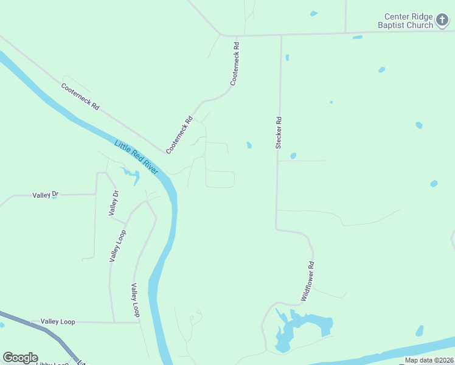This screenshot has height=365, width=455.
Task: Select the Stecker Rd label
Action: [x=279, y=133]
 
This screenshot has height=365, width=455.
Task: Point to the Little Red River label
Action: [x=136, y=157]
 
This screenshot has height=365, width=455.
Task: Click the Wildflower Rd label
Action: [x=307, y=282]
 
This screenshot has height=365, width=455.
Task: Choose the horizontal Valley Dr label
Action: [x=46, y=195]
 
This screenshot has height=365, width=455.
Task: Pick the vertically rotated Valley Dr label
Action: [x=114, y=203]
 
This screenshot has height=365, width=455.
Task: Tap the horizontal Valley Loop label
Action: [x=58, y=321]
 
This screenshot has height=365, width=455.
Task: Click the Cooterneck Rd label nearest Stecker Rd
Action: [x=235, y=63]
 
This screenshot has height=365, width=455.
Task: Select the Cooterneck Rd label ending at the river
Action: [x=179, y=134]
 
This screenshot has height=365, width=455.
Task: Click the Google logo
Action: [x=20, y=358]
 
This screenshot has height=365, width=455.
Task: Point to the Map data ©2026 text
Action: [x=429, y=360]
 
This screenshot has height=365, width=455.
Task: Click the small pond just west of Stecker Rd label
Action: [x=249, y=145]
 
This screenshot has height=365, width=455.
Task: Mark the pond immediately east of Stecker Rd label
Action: [x=293, y=156]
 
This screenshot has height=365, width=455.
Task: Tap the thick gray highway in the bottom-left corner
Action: [x=36, y=325]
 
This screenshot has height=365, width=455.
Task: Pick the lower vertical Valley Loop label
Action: [x=135, y=300]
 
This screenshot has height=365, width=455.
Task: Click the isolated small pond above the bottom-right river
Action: [x=419, y=331]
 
